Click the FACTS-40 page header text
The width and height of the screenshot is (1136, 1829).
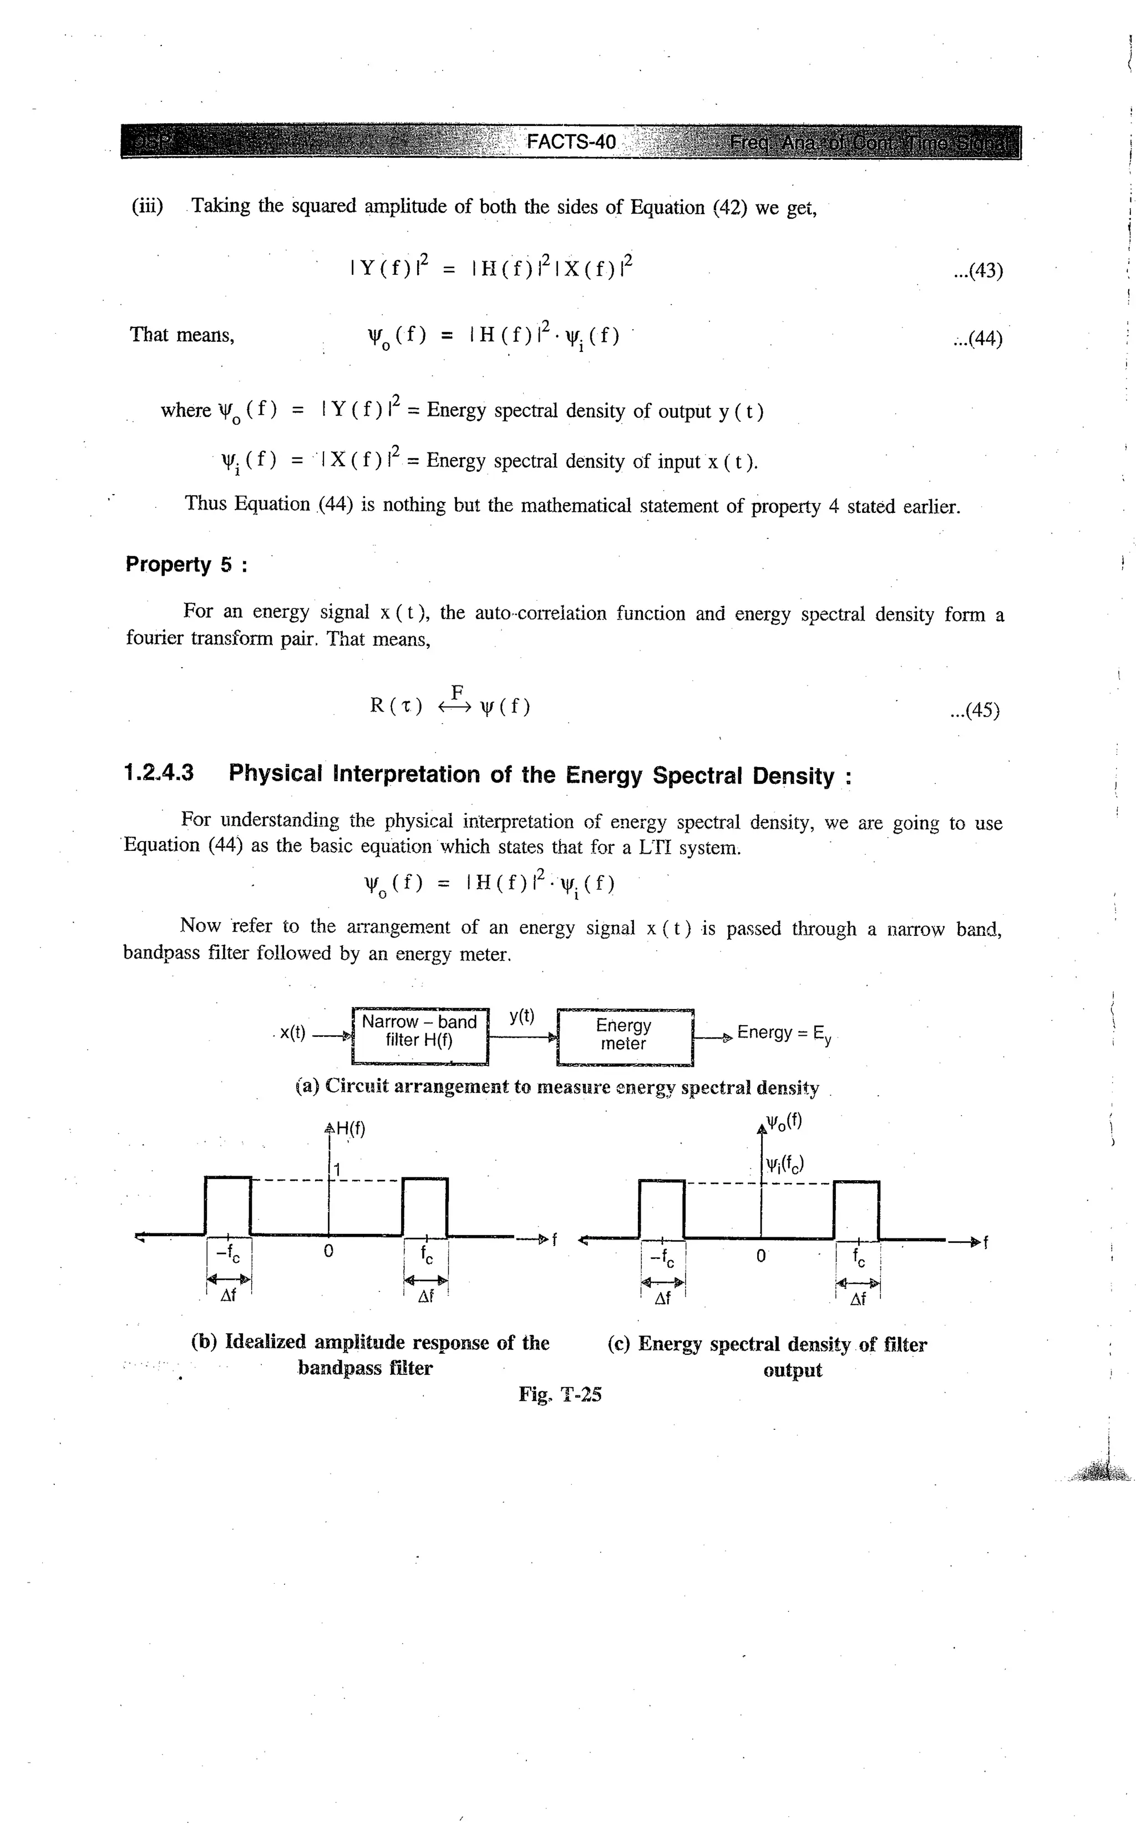tap(571, 142)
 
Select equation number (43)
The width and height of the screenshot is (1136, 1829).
tap(977, 271)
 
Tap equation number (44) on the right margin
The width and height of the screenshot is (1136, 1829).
tap(977, 339)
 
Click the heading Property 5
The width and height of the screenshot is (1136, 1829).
tap(186, 565)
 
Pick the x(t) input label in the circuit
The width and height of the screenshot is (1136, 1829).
tap(292, 1033)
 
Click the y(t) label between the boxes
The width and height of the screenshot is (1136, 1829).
tap(521, 1016)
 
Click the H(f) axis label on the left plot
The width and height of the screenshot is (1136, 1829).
tap(350, 1129)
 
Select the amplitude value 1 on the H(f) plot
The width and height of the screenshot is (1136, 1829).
tap(338, 1170)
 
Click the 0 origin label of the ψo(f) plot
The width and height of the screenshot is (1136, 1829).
tap(760, 1256)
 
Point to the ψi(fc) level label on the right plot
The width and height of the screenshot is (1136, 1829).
tap(784, 1165)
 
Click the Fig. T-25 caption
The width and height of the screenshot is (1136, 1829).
tap(560, 1394)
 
